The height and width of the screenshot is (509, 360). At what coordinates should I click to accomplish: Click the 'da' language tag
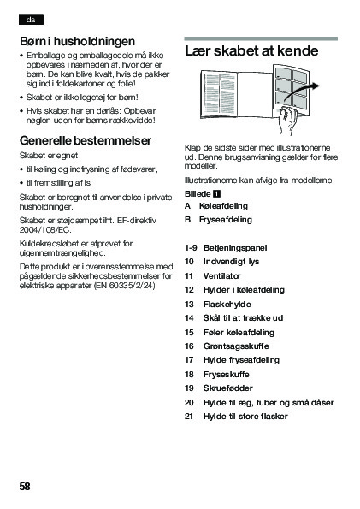coord(31,20)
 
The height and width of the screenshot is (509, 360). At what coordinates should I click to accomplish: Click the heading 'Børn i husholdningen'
coord(77,42)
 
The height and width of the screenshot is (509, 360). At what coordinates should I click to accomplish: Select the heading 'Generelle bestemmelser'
coord(86,140)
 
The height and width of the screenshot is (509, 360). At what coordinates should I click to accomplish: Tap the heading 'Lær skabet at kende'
coord(251,51)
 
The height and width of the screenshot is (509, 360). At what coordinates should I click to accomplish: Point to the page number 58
coord(25,486)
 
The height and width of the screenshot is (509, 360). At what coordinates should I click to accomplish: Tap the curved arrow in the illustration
coord(301,92)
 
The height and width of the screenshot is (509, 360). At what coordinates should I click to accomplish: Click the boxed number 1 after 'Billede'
coord(216,194)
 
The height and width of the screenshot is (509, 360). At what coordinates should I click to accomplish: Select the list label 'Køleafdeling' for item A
coord(223,206)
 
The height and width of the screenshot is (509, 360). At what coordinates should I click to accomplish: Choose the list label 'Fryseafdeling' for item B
coord(226,220)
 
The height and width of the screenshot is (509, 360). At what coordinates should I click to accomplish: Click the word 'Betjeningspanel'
coord(235,248)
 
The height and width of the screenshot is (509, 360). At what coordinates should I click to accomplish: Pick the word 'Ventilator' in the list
coord(222,276)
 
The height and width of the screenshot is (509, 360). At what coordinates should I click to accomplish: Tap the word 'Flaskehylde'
coord(227,305)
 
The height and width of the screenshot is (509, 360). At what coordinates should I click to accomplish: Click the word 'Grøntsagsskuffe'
coord(236,346)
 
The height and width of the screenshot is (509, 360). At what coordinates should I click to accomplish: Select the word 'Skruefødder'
coord(228,388)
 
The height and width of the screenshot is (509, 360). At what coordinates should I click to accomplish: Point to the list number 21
coord(189,417)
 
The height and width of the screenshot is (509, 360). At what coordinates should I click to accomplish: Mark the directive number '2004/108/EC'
coord(45,230)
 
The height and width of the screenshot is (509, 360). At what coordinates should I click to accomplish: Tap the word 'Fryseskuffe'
coord(227,375)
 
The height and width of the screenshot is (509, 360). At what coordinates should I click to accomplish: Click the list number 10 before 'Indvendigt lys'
coord(189,262)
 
